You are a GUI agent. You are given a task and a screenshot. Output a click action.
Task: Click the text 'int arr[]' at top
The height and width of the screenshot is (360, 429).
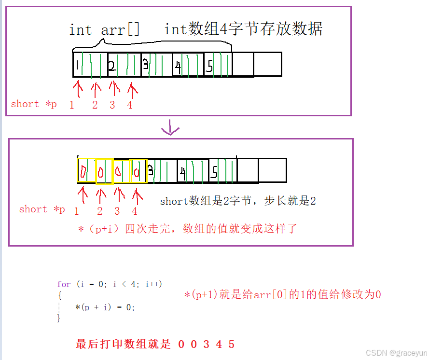pyautogui.click(x=104, y=30)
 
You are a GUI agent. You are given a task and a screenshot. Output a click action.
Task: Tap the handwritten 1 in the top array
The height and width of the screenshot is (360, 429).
pyautogui.click(x=77, y=64)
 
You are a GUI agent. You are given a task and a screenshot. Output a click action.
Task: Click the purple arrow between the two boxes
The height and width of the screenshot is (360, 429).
pyautogui.click(x=170, y=129)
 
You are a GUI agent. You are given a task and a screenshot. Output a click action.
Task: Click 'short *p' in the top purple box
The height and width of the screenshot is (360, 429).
pyautogui.click(x=33, y=104)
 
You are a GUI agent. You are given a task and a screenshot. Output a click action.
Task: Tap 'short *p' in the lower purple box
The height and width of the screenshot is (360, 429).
pyautogui.click(x=42, y=209)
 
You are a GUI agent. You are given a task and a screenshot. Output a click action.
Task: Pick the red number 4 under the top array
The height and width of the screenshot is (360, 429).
pyautogui.click(x=130, y=105)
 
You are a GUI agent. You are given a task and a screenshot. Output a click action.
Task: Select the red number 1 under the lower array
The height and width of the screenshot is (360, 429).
pyautogui.click(x=77, y=211)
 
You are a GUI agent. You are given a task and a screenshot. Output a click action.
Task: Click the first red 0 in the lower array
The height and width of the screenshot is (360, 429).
pyautogui.click(x=83, y=171)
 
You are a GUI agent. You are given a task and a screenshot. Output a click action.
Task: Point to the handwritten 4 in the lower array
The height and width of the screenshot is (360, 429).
pyautogui.click(x=182, y=172)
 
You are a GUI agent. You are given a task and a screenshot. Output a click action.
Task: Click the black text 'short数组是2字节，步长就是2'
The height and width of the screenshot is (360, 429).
pyautogui.click(x=238, y=201)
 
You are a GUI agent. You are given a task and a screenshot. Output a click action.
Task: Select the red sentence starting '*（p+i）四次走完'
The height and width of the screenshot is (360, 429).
pyautogui.click(x=187, y=229)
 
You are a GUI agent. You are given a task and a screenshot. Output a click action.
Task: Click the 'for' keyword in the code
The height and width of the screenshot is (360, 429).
pyautogui.click(x=63, y=284)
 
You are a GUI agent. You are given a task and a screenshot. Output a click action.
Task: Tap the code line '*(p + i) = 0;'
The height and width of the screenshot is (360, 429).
pyautogui.click(x=105, y=307)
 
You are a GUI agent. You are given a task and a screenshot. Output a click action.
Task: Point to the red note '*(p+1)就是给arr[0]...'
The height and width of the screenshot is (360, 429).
pyautogui.click(x=282, y=294)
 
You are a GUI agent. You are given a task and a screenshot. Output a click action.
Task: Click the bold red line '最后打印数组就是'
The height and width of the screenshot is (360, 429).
pyautogui.click(x=124, y=344)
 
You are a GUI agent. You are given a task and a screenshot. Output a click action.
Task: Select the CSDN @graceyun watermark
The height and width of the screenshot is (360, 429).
pyautogui.click(x=395, y=353)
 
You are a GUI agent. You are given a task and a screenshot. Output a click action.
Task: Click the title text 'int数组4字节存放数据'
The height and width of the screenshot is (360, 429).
pyautogui.click(x=243, y=29)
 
